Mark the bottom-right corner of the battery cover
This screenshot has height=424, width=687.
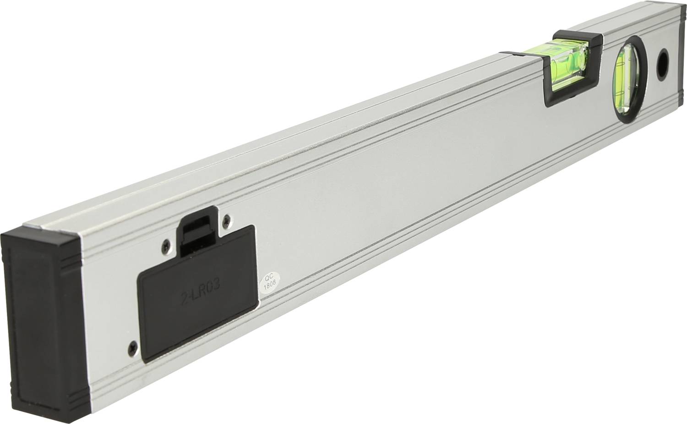tap(256, 305)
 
